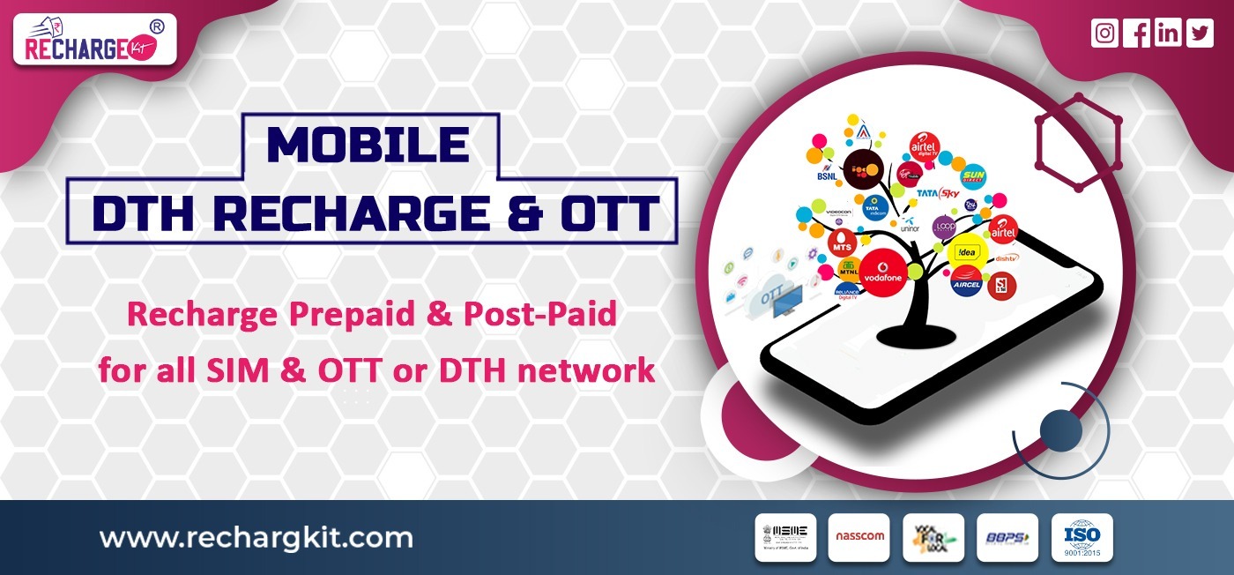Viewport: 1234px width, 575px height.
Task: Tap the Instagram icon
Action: [x=1104, y=34]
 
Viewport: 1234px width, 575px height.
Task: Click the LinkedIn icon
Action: [x=1168, y=34]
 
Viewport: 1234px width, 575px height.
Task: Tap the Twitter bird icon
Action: [x=1200, y=34]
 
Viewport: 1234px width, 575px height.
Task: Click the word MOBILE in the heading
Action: [x=368, y=146]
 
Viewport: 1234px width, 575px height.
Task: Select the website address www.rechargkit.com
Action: [x=256, y=537]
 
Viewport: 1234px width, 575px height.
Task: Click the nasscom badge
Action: [x=859, y=537]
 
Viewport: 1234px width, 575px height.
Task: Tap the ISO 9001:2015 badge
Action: [x=1082, y=537]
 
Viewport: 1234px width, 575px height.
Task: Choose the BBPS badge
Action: [x=1007, y=537]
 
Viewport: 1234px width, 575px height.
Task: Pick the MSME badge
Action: [x=784, y=537]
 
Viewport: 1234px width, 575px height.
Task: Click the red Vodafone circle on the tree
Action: [x=884, y=272]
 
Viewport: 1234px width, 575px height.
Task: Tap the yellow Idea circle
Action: [x=966, y=254]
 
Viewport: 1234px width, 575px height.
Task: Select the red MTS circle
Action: [x=843, y=246]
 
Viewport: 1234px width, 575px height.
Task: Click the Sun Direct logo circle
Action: [x=972, y=177]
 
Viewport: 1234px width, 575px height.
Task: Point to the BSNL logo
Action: [x=826, y=193]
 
